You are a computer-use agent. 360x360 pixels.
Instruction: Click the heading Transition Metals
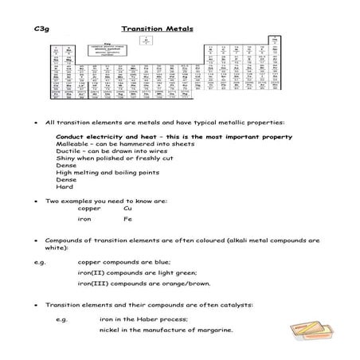coord(152,29)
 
